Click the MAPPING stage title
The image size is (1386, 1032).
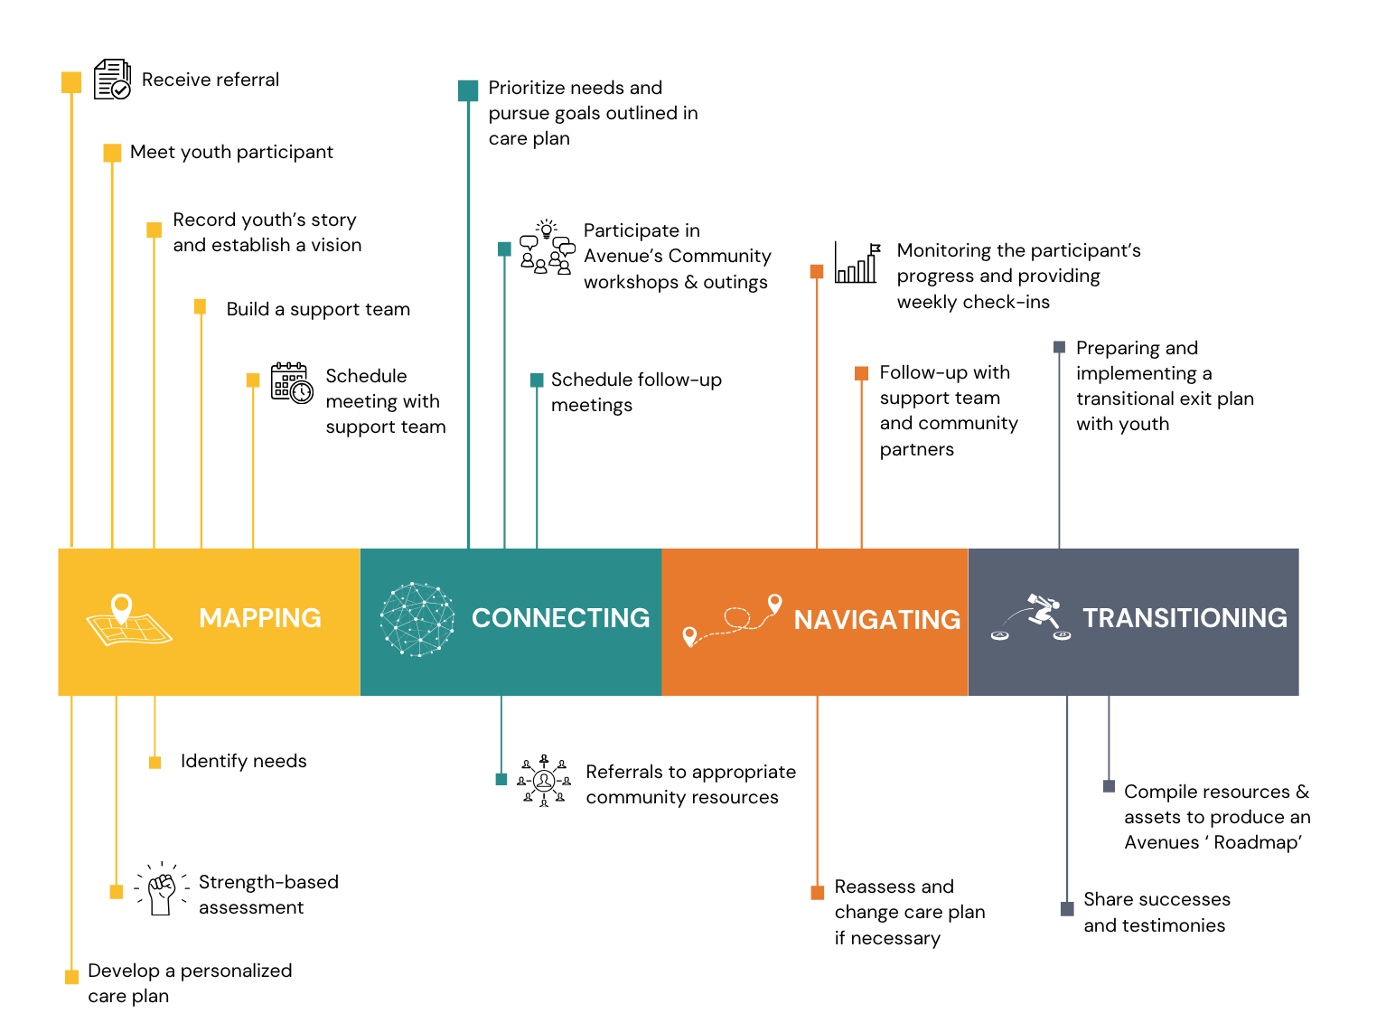pyautogui.click(x=260, y=618)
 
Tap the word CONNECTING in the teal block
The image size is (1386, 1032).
pyautogui.click(x=560, y=618)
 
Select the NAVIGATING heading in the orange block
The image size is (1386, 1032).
pyautogui.click(x=876, y=620)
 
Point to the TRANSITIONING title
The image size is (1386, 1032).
pyautogui.click(x=1185, y=618)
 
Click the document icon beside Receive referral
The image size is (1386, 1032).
pyautogui.click(x=113, y=80)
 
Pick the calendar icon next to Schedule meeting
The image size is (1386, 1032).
pyautogui.click(x=292, y=382)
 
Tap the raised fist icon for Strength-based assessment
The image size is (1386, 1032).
pyautogui.click(x=162, y=890)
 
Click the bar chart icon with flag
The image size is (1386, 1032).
pyautogui.click(x=857, y=264)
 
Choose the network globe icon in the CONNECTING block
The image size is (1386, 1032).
pyautogui.click(x=417, y=619)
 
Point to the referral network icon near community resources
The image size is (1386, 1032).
pyautogui.click(x=544, y=781)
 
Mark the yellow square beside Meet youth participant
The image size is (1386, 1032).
pyautogui.click(x=112, y=153)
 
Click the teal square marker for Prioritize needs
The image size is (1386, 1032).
pyautogui.click(x=468, y=90)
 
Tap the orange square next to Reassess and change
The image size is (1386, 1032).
pyautogui.click(x=818, y=893)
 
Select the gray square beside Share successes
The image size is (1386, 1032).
pyautogui.click(x=1067, y=909)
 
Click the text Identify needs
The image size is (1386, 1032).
pyautogui.click(x=243, y=761)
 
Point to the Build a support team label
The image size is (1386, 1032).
pyautogui.click(x=318, y=309)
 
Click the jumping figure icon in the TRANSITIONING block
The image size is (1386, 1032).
pyautogui.click(x=1034, y=617)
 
